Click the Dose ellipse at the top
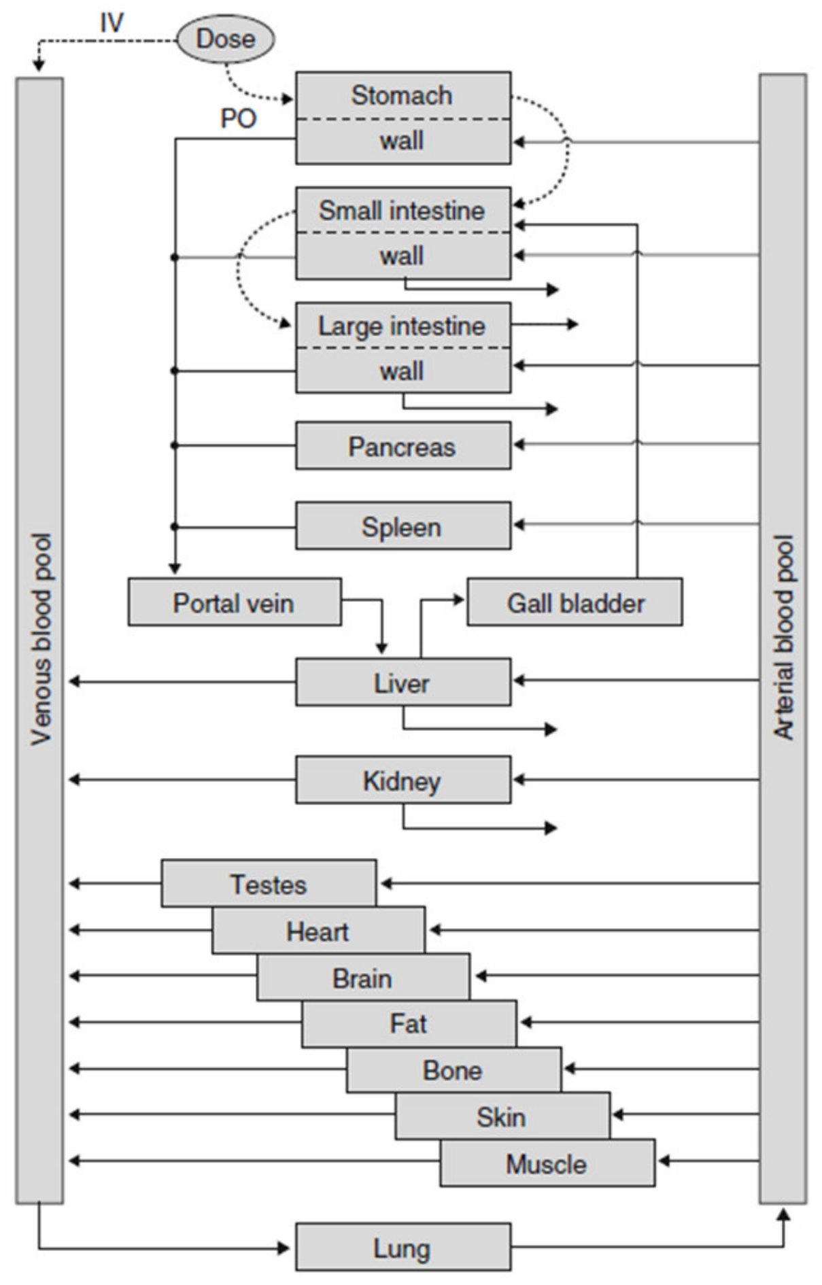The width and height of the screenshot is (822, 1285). (225, 39)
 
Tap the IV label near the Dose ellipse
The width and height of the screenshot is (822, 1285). (112, 22)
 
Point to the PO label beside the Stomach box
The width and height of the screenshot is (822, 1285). (238, 119)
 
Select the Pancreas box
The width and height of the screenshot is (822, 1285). (403, 446)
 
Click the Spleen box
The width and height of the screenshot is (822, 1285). (403, 526)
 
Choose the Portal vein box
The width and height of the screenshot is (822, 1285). (234, 602)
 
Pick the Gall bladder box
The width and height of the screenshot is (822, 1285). (575, 602)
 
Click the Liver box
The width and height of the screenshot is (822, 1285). (403, 682)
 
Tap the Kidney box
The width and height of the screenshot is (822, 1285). (403, 780)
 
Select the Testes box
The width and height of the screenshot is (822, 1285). (269, 883)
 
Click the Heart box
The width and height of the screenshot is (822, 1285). (318, 930)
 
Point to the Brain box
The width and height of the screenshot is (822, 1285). (362, 977)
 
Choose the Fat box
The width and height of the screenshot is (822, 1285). (409, 1023)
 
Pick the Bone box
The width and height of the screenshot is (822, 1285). (453, 1069)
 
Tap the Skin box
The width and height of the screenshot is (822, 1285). (502, 1116)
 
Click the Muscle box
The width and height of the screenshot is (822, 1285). (547, 1163)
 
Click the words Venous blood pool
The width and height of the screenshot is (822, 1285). (41, 639)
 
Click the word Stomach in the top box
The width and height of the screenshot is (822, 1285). (402, 95)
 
